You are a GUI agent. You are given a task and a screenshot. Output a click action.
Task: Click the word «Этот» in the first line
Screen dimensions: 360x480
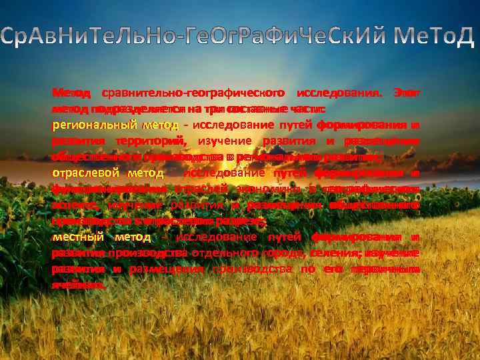407,92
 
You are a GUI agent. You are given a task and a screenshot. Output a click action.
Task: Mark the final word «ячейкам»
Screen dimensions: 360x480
78,285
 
